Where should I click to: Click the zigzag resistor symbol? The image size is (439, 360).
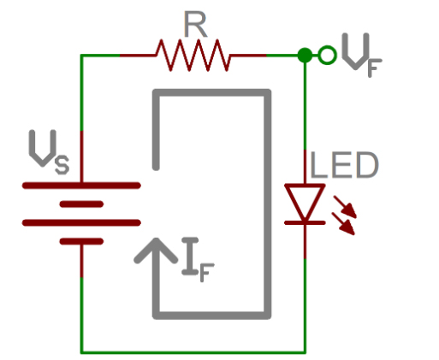(193, 56)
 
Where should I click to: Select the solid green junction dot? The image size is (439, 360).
(305, 56)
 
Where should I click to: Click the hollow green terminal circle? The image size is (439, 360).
(326, 56)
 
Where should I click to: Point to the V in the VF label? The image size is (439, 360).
(353, 53)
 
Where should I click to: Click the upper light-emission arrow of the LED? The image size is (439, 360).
(346, 205)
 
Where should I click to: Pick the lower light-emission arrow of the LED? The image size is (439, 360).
(346, 226)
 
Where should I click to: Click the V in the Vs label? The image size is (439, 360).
(40, 150)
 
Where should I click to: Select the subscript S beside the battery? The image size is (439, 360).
(62, 164)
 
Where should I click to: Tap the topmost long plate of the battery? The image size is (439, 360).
(81, 184)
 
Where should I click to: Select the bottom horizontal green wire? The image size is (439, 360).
(193, 351)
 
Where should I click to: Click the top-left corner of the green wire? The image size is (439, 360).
(81, 56)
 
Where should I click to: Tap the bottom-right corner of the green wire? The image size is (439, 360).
(305, 351)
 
